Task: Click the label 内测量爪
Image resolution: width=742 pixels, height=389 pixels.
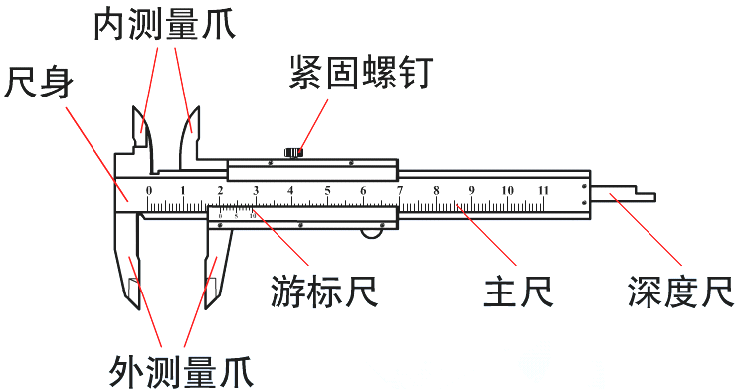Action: click(164, 24)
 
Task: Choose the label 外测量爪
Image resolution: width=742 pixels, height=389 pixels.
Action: click(181, 371)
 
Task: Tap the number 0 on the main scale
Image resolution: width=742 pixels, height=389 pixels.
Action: click(149, 190)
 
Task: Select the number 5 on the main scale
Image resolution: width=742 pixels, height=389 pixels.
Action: click(326, 190)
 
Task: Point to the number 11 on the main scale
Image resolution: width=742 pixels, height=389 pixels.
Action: click(543, 190)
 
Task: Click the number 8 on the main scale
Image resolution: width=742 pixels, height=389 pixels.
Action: click(435, 190)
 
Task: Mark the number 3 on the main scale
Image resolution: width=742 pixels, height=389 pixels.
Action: click(256, 190)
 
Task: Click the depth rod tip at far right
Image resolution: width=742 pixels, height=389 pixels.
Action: click(650, 195)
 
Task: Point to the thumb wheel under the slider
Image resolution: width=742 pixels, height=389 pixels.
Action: click(375, 231)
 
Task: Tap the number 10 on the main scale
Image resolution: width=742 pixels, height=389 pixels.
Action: click(507, 190)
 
